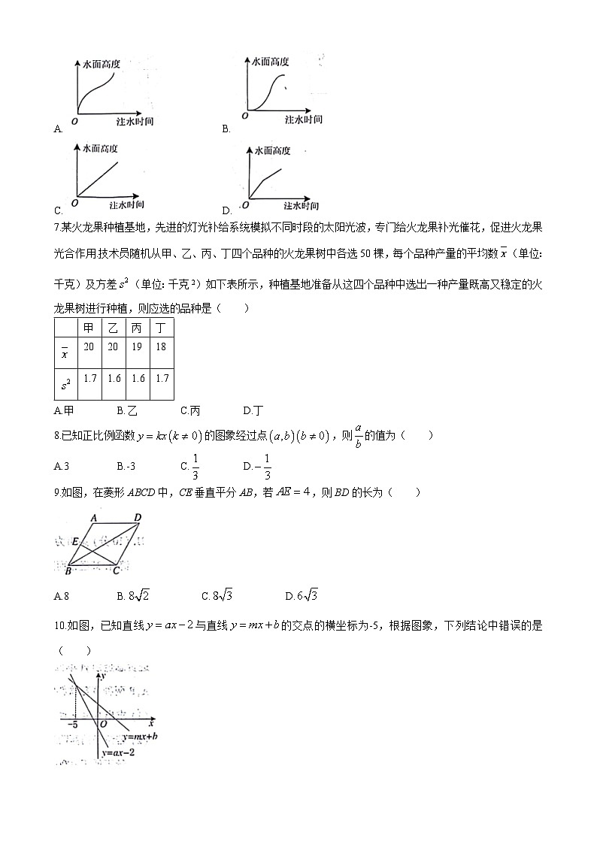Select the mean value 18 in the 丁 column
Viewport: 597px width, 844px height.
162,346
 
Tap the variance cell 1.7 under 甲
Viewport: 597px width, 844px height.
89,378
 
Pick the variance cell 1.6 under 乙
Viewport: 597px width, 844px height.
114,378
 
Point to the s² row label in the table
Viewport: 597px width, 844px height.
66,384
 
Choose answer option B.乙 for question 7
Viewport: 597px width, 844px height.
127,410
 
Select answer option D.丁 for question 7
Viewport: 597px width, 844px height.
253,410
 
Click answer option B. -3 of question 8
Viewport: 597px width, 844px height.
126,466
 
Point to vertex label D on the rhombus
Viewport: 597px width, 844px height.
137,518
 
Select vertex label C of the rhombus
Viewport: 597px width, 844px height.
116,571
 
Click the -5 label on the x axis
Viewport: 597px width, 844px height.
74,725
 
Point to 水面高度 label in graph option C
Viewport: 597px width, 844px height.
101,149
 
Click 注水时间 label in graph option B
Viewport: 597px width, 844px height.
304,119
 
